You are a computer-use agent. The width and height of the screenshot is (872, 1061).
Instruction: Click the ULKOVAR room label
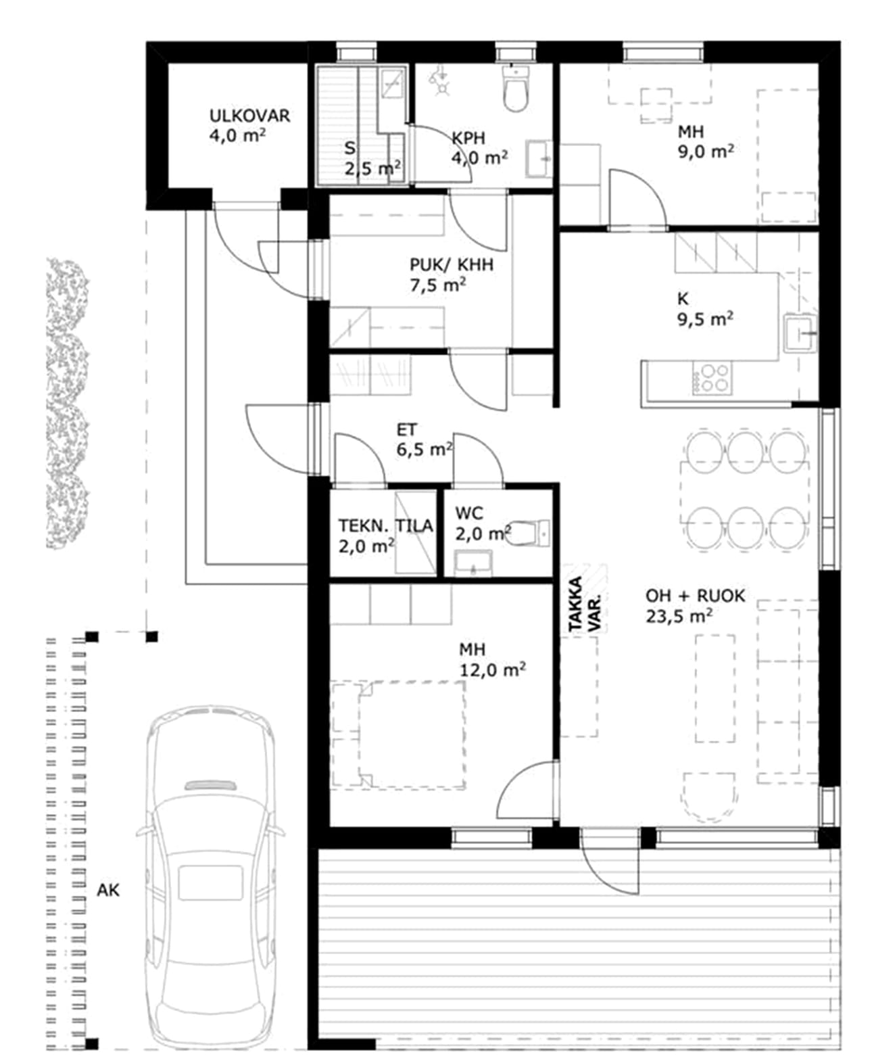click(x=249, y=116)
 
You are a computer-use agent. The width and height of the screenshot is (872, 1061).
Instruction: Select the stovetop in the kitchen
click(x=712, y=377)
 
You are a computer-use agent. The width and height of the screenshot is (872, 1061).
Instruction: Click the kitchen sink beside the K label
click(x=800, y=333)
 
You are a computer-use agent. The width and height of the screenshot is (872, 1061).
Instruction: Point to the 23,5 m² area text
click(x=679, y=616)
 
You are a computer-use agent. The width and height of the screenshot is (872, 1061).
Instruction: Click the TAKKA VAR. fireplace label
click(x=583, y=604)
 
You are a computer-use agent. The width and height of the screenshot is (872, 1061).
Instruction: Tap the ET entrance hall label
click(x=406, y=429)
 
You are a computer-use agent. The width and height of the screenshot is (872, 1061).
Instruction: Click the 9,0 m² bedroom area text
click(x=706, y=151)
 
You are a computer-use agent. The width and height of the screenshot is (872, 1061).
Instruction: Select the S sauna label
click(x=350, y=148)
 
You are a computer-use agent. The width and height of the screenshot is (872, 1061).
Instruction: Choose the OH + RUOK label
click(x=695, y=596)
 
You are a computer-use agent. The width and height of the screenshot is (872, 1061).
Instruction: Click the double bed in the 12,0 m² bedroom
click(x=412, y=734)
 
